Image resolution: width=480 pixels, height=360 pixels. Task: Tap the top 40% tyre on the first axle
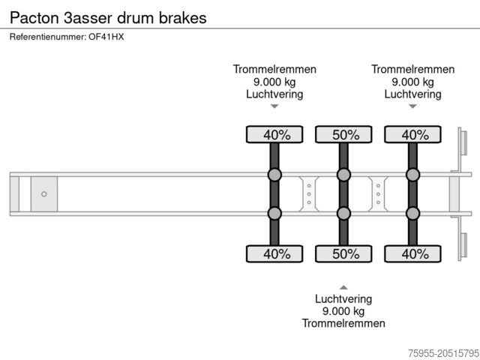(x=274, y=135)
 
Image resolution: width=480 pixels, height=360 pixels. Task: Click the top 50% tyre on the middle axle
(x=343, y=135)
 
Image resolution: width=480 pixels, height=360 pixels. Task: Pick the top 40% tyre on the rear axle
(x=412, y=135)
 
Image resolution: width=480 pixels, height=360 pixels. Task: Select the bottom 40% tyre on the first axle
(x=274, y=254)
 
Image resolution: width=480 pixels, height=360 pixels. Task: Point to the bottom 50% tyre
(x=343, y=254)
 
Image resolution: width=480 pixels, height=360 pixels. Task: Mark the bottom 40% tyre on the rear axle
(x=412, y=254)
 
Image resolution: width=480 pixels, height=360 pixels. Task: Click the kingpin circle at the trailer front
(x=43, y=194)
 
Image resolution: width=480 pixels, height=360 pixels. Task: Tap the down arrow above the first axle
(x=274, y=106)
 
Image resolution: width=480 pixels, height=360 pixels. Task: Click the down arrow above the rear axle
(x=412, y=106)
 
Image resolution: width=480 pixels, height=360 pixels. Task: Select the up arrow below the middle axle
(x=343, y=286)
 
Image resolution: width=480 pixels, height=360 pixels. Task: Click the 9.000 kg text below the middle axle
(x=343, y=311)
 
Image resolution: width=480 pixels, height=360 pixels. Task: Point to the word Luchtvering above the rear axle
(x=412, y=94)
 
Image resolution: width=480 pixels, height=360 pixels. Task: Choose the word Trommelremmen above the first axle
(x=274, y=69)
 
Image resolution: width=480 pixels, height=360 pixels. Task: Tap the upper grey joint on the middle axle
(x=343, y=175)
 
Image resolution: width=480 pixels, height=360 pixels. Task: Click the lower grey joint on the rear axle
(x=412, y=214)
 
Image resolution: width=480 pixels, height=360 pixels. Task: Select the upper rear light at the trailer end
(x=463, y=142)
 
